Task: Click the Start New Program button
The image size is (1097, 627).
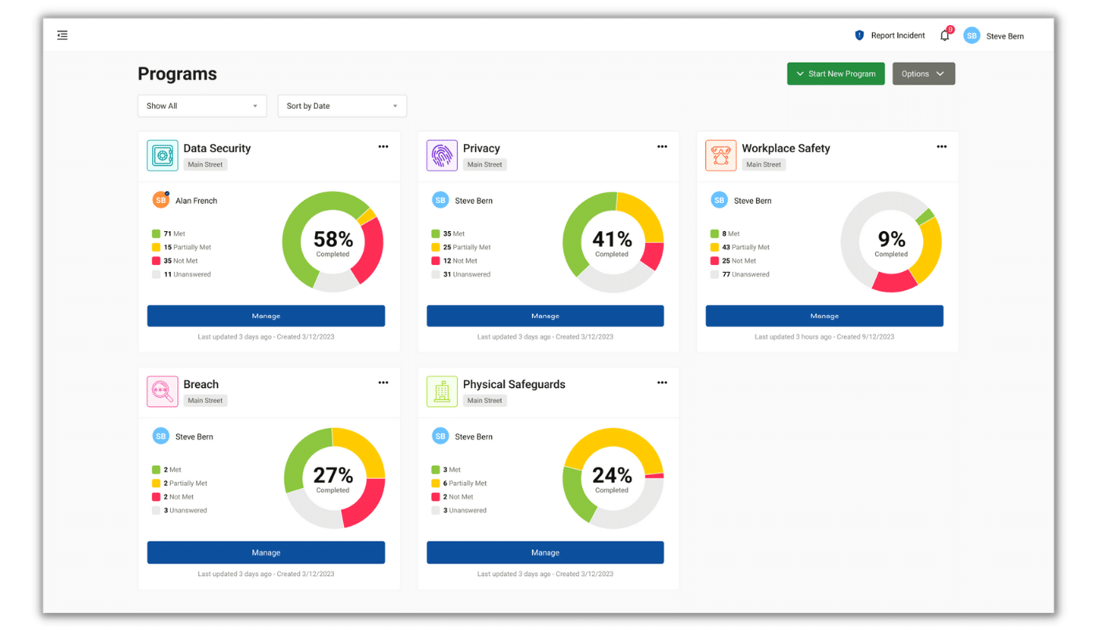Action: [835, 74]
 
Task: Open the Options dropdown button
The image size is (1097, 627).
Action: [923, 74]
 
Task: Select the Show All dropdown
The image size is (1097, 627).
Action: [201, 106]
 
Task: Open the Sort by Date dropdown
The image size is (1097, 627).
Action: [342, 106]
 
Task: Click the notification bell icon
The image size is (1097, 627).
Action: [944, 35]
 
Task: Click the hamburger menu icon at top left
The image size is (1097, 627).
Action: [63, 35]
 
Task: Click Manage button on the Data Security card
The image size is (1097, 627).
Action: [266, 316]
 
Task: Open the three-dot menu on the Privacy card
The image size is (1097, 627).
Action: [662, 147]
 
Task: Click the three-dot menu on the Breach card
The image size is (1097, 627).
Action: [383, 382]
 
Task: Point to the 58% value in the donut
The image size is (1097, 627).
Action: [333, 239]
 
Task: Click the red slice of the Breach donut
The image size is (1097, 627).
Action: [364, 502]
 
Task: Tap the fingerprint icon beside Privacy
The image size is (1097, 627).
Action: [442, 155]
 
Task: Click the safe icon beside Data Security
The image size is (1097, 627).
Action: [162, 155]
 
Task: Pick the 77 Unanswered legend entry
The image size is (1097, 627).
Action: [740, 274]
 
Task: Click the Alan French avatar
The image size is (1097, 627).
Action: [161, 200]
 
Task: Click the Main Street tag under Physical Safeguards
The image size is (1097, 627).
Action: [484, 400]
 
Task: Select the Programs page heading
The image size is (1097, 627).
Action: [177, 74]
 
